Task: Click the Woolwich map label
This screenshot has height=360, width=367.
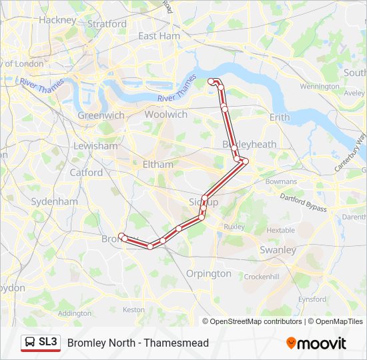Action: [166, 115]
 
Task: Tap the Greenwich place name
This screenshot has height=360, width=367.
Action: [101, 115]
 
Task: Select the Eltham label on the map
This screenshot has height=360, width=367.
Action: [157, 164]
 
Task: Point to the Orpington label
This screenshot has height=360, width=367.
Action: [209, 273]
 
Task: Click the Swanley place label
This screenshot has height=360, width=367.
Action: [278, 250]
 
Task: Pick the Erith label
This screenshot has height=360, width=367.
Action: [280, 117]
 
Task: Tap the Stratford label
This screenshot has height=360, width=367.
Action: [107, 24]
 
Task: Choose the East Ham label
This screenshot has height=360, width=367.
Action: [159, 36]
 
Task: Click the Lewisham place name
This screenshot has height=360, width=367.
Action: [95, 146]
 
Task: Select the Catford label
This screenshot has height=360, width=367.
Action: [86, 173]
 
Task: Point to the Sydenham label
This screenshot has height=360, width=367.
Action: [54, 201]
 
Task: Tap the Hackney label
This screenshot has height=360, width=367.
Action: [57, 20]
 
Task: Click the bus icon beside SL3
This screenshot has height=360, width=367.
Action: [30, 343]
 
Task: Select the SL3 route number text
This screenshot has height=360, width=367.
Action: [47, 342]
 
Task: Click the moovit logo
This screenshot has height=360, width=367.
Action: [316, 343]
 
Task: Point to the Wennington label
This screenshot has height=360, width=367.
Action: [320, 87]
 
